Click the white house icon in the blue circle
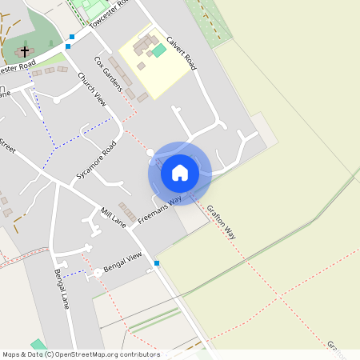pyautogui.click(x=180, y=173)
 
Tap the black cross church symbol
pyautogui.click(x=25, y=50)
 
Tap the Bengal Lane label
pyautogui.click(x=62, y=289)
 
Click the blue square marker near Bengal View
pyautogui.click(x=157, y=263)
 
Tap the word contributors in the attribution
pyautogui.click(x=139, y=354)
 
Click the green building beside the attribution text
pyautogui.click(x=37, y=345)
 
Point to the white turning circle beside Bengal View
pyautogui.click(x=98, y=273)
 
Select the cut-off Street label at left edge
pyautogui.click(x=6, y=146)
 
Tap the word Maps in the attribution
pyautogui.click(x=12, y=354)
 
